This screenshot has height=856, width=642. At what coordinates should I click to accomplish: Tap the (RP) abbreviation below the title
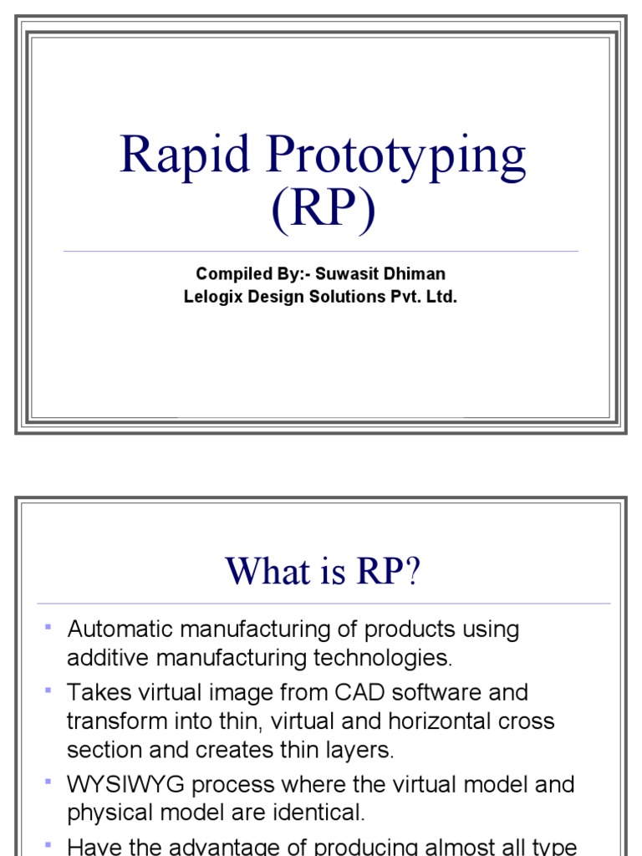[322, 210]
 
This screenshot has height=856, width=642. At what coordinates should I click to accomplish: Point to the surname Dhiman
[416, 274]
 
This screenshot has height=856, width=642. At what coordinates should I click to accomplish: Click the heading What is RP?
[322, 572]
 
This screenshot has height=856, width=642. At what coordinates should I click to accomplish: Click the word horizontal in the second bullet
[438, 721]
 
